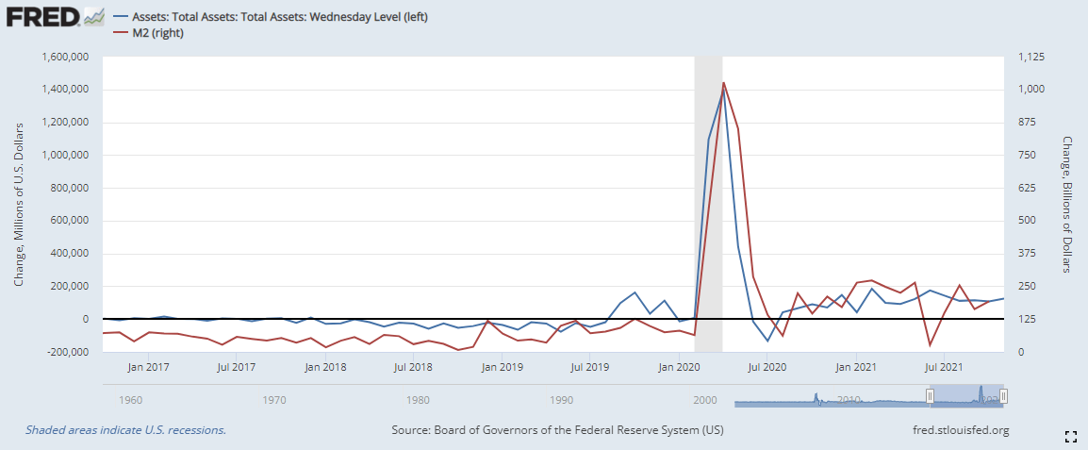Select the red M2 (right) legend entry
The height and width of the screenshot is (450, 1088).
pyautogui.click(x=156, y=34)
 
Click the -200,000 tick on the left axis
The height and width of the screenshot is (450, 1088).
pyautogui.click(x=64, y=352)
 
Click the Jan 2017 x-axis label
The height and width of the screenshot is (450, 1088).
pyautogui.click(x=148, y=366)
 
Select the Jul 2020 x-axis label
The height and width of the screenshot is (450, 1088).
pyautogui.click(x=767, y=366)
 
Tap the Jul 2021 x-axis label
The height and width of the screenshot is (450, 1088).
pyautogui.click(x=944, y=366)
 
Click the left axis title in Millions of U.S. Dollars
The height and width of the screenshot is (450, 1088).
pyautogui.click(x=19, y=204)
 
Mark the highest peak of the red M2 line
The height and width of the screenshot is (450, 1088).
pyautogui.click(x=723, y=83)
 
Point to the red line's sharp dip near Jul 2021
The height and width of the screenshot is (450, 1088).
pyautogui.click(x=931, y=345)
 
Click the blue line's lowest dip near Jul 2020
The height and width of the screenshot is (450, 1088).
pyautogui.click(x=767, y=341)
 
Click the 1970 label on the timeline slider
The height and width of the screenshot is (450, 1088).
pyautogui.click(x=274, y=400)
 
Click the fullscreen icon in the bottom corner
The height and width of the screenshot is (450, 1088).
pyautogui.click(x=1070, y=436)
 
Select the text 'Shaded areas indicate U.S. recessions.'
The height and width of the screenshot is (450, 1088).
pyautogui.click(x=125, y=431)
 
